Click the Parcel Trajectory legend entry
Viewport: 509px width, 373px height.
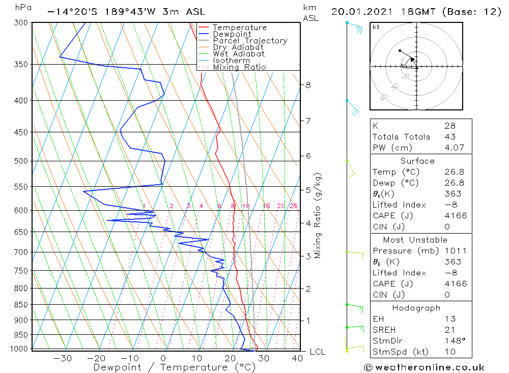(x=250, y=41)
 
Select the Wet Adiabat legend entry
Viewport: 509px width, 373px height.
(x=239, y=54)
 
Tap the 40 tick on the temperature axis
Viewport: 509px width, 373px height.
(x=298, y=358)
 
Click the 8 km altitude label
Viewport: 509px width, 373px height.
(x=308, y=85)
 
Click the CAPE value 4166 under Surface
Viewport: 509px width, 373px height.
(x=455, y=216)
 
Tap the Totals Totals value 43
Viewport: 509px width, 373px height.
(x=449, y=137)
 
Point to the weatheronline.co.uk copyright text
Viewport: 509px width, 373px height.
(x=424, y=367)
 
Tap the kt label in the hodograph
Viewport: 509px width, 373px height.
(x=376, y=27)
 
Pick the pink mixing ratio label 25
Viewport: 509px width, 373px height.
(x=293, y=206)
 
